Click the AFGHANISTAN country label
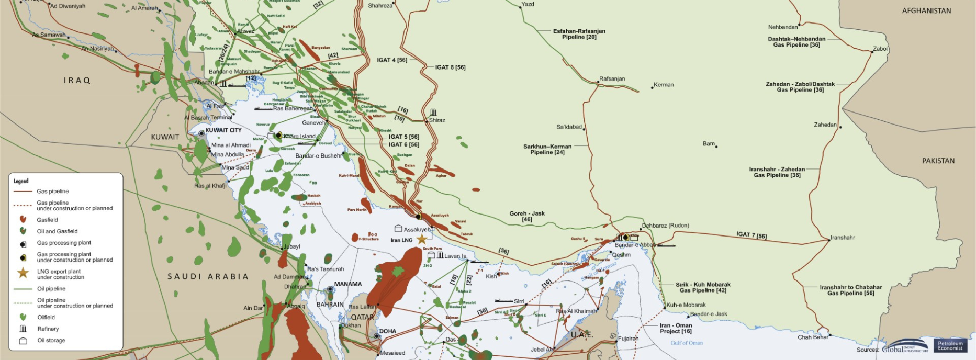pyautogui.click(x=926, y=10)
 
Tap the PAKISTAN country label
pyautogui.click(x=938, y=161)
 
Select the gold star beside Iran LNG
pyautogui.click(x=421, y=239)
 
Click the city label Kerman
pyautogui.click(x=664, y=85)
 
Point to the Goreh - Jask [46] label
pyautogui.click(x=527, y=216)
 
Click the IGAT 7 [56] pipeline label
pyautogui.click(x=751, y=235)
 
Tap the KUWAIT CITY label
pyautogui.click(x=223, y=130)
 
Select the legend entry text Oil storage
pyautogui.click(x=51, y=341)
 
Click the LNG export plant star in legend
pyautogui.click(x=23, y=273)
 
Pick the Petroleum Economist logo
pyautogui.click(x=950, y=346)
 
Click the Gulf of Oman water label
pyautogui.click(x=687, y=343)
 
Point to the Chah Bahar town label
pyautogui.click(x=813, y=337)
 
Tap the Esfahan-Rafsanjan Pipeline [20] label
pyautogui.click(x=579, y=34)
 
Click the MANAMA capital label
pyautogui.click(x=348, y=284)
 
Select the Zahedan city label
pyautogui.click(x=825, y=125)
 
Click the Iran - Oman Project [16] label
pyautogui.click(x=676, y=328)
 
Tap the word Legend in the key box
pyautogui.click(x=21, y=181)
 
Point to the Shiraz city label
pyautogui.click(x=437, y=120)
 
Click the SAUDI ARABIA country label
pyautogui.click(x=208, y=276)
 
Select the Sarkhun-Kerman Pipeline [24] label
pyautogui.click(x=547, y=149)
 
